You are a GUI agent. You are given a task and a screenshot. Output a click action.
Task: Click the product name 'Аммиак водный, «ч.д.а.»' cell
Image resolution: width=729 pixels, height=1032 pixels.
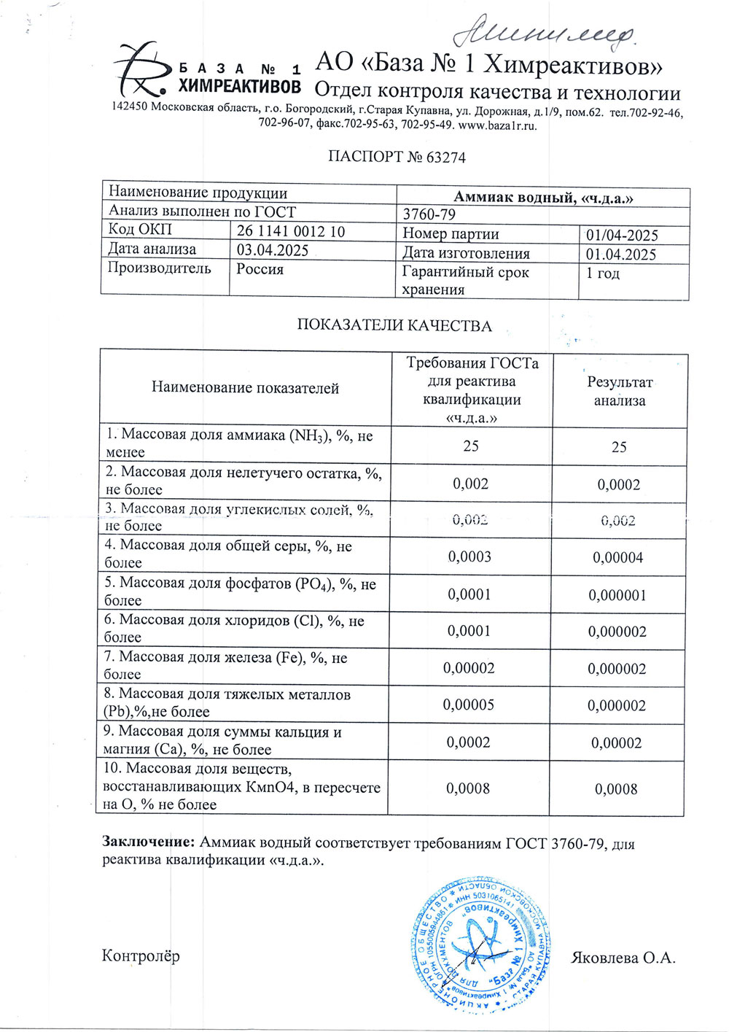543,197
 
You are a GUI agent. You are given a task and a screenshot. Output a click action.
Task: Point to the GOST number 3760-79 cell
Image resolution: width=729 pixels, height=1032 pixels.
429,214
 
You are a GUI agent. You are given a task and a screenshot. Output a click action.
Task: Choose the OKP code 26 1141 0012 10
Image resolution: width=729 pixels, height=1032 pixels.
291,232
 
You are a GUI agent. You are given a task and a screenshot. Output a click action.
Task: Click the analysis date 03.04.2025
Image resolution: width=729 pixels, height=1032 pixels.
273,251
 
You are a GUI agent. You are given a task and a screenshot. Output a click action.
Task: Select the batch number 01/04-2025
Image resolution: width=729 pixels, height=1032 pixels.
622,235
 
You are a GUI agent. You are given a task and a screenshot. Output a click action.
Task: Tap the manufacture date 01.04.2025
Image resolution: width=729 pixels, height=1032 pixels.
621,254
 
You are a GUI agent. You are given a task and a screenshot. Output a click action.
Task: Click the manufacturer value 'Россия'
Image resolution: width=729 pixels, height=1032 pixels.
260,269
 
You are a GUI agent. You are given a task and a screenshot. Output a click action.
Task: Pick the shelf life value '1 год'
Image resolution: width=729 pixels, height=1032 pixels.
603,273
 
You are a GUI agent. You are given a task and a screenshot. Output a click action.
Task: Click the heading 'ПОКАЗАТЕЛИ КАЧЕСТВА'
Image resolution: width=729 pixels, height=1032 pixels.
394,325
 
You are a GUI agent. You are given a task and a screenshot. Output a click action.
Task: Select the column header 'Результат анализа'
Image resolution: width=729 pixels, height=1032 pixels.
620,391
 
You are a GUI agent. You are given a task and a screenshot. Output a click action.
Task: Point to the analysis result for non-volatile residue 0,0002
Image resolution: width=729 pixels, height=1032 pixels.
619,484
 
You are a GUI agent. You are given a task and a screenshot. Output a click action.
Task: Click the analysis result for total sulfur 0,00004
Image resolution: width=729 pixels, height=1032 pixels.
618,558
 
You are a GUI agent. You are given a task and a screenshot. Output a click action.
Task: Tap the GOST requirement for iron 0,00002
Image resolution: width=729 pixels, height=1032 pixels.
469,668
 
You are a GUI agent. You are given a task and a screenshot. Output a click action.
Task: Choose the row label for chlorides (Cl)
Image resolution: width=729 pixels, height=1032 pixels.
233,628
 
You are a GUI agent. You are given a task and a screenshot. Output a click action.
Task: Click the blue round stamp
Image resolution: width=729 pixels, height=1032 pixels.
480,945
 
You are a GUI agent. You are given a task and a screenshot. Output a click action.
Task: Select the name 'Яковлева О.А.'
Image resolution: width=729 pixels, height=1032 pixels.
623,958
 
